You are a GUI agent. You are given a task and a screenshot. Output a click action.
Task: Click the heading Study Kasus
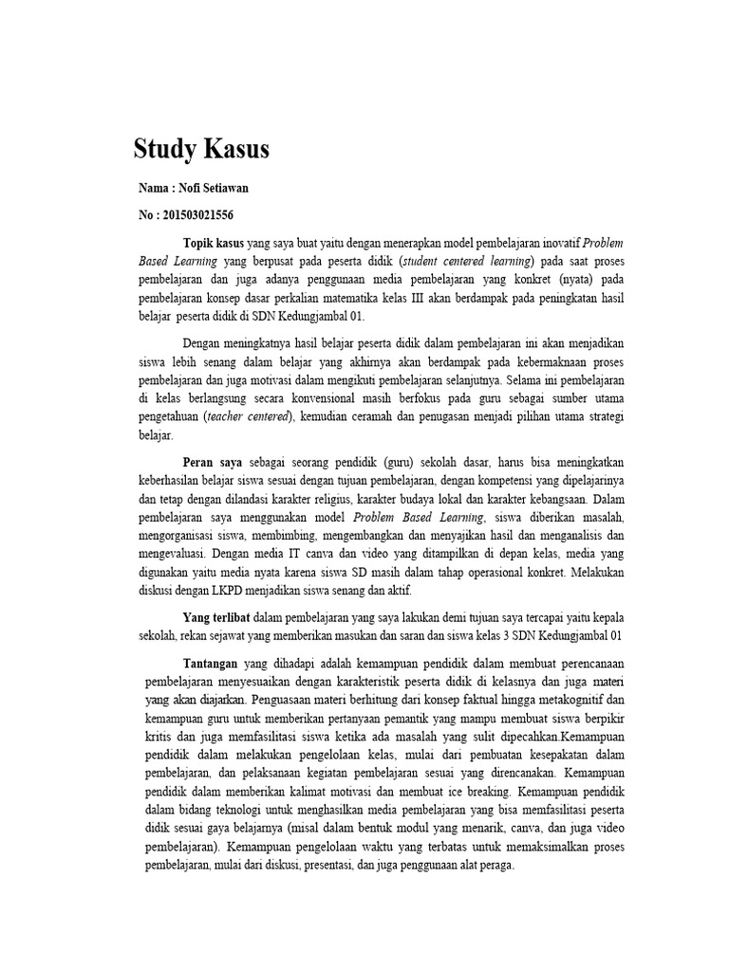201,149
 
